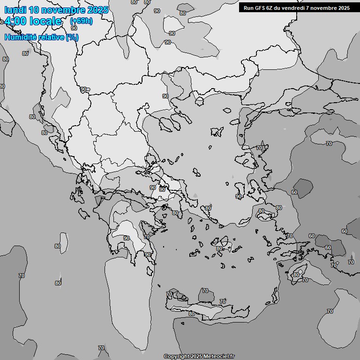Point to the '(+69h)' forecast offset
click(81, 21)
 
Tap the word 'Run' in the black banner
click(249, 8)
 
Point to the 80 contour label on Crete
click(191, 314)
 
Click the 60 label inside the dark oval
click(294, 192)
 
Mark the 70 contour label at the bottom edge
click(101, 348)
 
